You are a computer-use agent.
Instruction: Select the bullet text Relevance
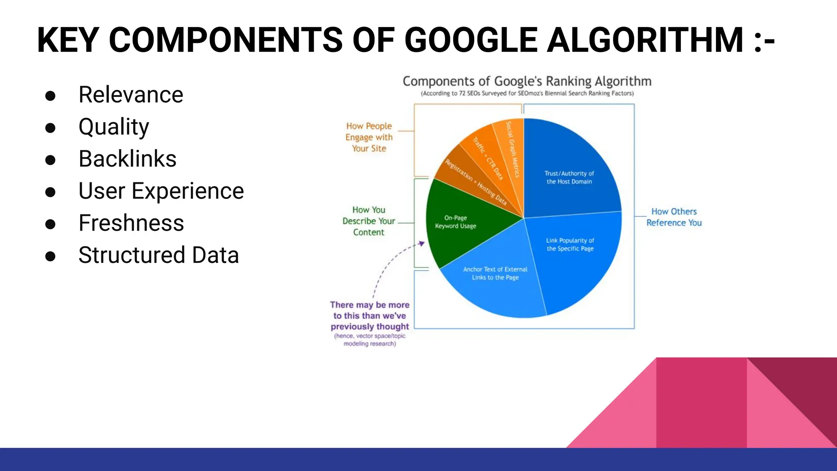click(131, 95)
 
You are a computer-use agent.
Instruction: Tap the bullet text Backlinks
click(128, 159)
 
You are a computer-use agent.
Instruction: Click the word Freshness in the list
click(131, 223)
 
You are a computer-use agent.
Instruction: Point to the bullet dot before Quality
click(50, 128)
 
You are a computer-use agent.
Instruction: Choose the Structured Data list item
click(159, 255)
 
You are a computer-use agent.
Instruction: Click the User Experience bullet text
click(161, 191)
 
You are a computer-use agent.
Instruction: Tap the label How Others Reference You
click(674, 217)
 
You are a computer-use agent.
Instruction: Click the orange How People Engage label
click(369, 137)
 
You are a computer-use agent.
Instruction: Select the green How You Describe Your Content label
click(369, 221)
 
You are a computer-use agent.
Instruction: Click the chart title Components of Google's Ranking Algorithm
click(527, 81)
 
